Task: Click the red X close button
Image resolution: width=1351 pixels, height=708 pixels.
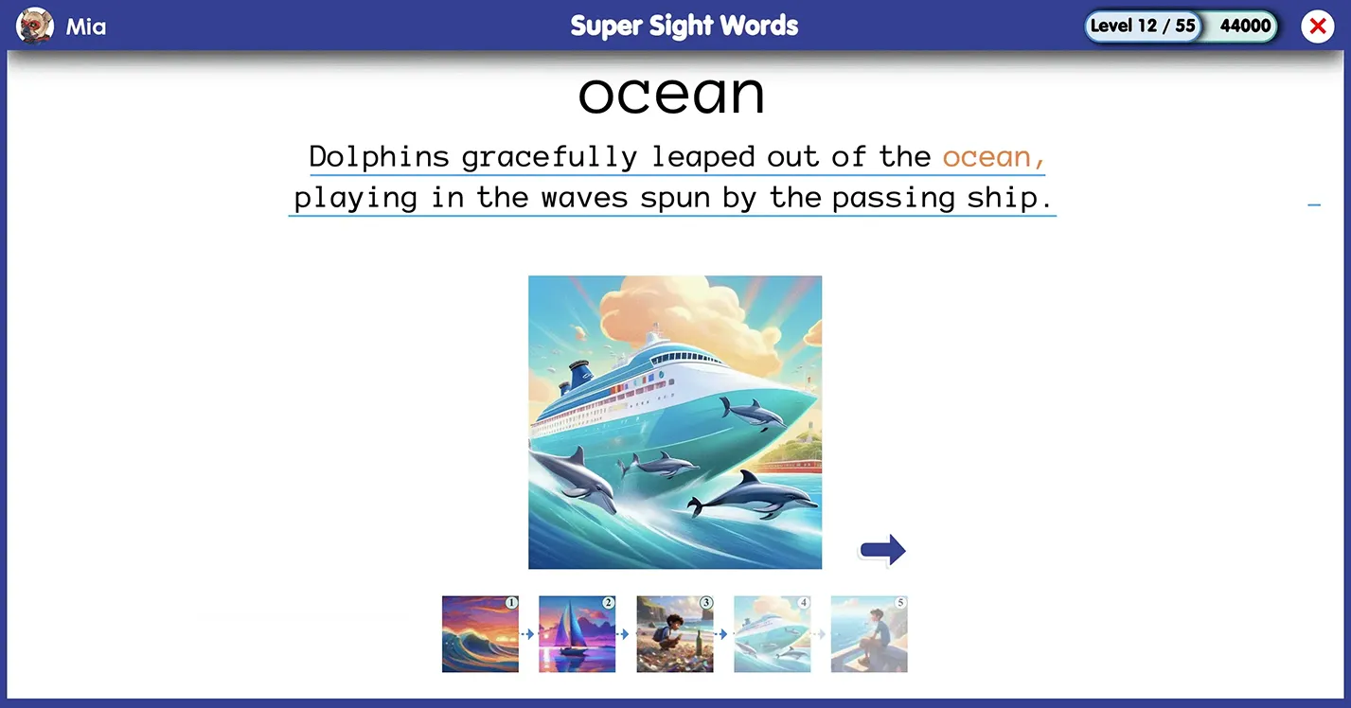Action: [1317, 27]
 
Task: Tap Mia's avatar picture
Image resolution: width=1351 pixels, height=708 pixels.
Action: [34, 26]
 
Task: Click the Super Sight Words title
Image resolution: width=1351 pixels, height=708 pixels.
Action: [684, 26]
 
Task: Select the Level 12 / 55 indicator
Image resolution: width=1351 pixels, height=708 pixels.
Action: [1143, 26]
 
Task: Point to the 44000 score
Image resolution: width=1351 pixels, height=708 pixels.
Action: [1245, 26]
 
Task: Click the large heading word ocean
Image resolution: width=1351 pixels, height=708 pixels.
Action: [672, 95]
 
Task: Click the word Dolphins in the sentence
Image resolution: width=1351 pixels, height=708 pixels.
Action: [379, 157]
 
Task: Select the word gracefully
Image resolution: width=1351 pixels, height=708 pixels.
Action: [549, 158]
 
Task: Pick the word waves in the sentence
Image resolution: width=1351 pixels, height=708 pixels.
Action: [584, 198]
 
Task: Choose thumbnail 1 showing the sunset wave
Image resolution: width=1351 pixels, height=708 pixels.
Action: [480, 634]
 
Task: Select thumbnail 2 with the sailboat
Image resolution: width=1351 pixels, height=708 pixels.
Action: [578, 634]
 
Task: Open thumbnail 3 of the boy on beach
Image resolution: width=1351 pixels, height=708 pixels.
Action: [675, 634]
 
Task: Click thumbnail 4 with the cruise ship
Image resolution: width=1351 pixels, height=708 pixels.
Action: [772, 634]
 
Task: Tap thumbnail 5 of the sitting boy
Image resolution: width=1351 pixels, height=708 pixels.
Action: [869, 634]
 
